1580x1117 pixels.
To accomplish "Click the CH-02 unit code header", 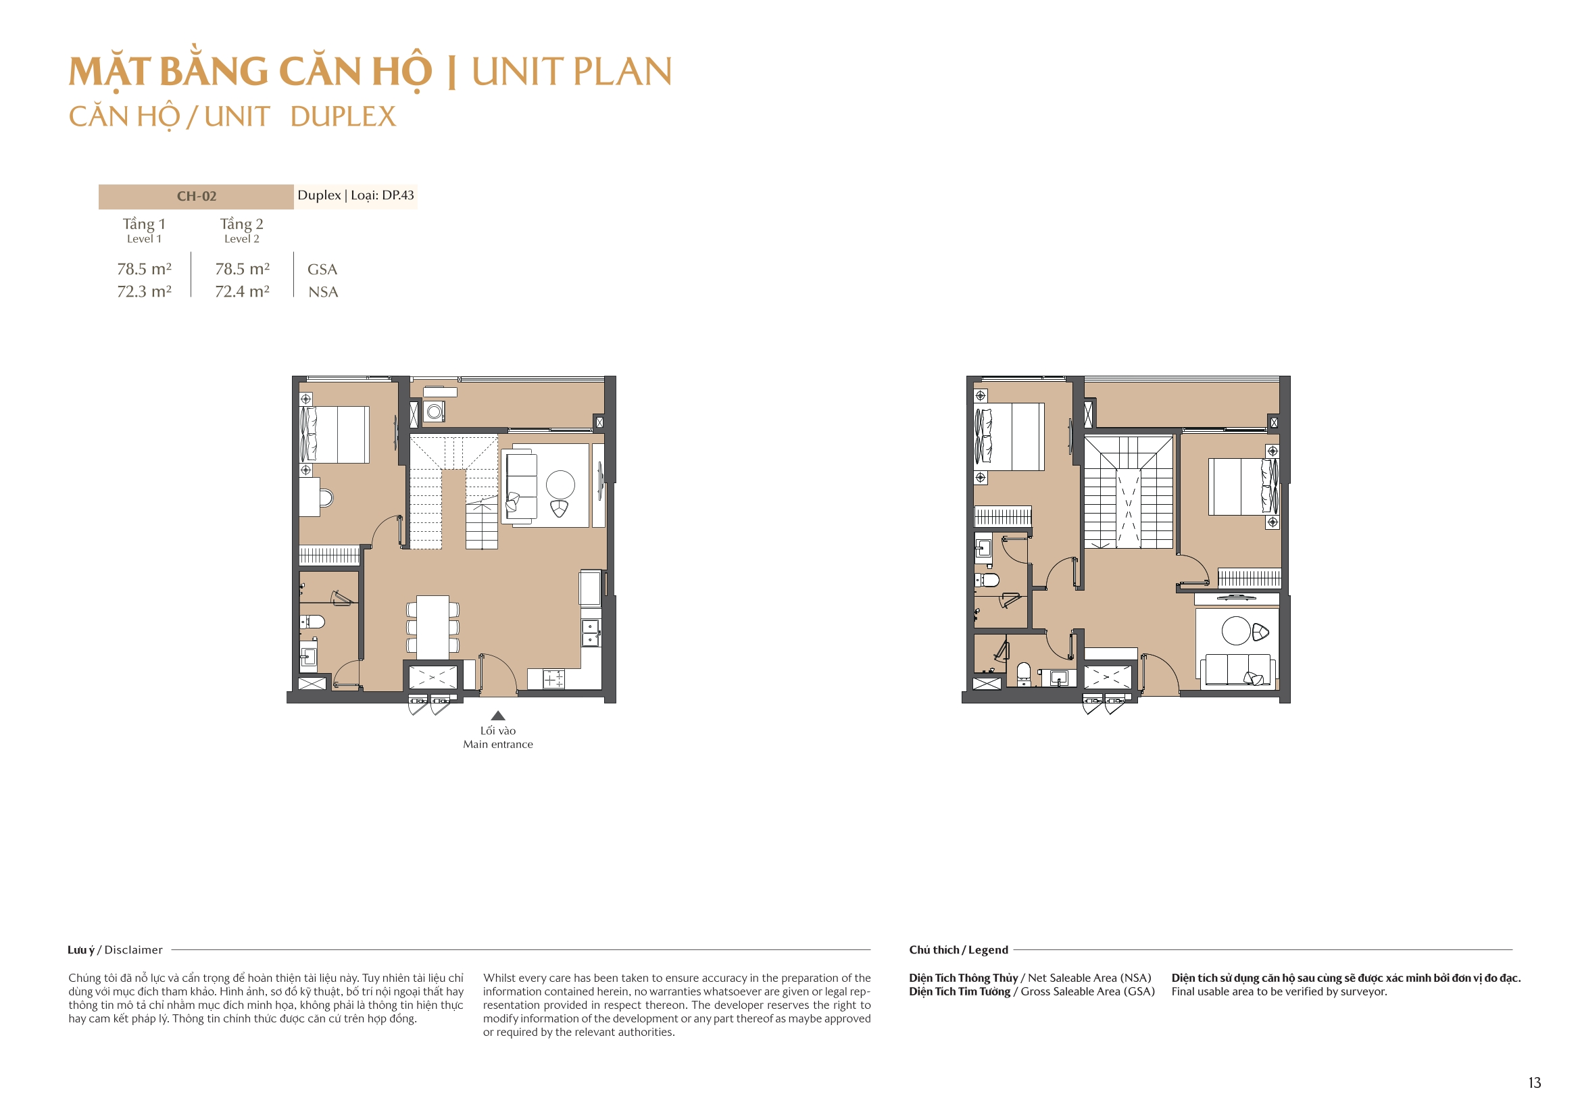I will (196, 196).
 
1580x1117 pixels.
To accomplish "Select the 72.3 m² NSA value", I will (144, 291).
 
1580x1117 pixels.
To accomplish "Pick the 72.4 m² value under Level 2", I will (242, 291).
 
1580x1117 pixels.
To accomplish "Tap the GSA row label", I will (322, 269).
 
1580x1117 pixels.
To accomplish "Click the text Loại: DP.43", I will (382, 195).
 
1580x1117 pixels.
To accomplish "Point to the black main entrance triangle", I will (498, 716).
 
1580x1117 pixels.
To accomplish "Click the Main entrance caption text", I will (497, 744).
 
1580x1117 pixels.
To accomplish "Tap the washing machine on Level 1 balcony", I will (435, 412).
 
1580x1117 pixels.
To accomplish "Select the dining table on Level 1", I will (433, 626).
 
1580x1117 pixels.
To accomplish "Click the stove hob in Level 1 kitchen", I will (553, 679).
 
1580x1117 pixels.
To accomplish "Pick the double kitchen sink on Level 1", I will (591, 633).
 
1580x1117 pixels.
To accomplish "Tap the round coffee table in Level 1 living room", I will (560, 484).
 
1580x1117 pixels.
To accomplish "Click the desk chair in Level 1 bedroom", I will (327, 497).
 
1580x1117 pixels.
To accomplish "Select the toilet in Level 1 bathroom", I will (313, 622).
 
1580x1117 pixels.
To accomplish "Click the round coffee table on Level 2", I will (1236, 630).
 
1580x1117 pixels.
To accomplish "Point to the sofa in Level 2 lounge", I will (1237, 670).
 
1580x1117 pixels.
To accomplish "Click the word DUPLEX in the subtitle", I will (343, 117).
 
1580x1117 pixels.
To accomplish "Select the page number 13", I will (1534, 1083).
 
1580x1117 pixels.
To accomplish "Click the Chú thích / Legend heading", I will (958, 950).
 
